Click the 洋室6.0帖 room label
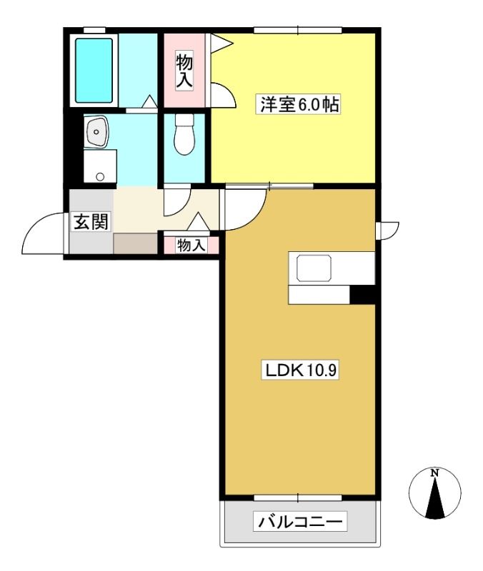299,104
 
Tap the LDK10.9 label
301,370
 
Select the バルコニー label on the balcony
300,522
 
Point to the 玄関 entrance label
91,221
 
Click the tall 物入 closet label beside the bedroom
184,71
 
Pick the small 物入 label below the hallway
191,245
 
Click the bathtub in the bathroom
94,71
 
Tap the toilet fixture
184,134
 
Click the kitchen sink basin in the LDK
314,268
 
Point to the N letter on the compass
434,473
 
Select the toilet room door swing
177,200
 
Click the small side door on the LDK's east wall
387,231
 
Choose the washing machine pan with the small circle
100,166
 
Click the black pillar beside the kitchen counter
362,295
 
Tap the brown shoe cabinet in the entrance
135,243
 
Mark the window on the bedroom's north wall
298,30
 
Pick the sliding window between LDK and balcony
298,497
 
